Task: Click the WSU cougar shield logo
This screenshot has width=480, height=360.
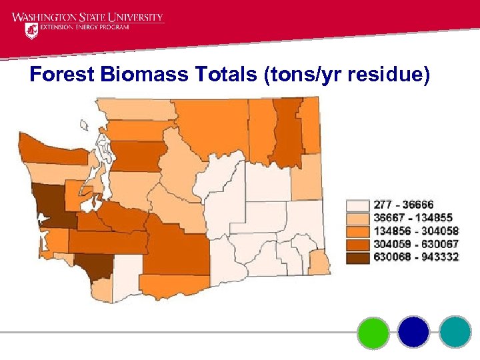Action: pyautogui.click(x=31, y=30)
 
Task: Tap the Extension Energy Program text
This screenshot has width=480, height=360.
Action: pyautogui.click(x=85, y=29)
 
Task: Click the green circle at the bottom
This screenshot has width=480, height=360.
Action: pyautogui.click(x=373, y=332)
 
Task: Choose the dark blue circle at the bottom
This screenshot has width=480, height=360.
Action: pyautogui.click(x=413, y=332)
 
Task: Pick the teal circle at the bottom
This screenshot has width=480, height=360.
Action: pyautogui.click(x=455, y=332)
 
